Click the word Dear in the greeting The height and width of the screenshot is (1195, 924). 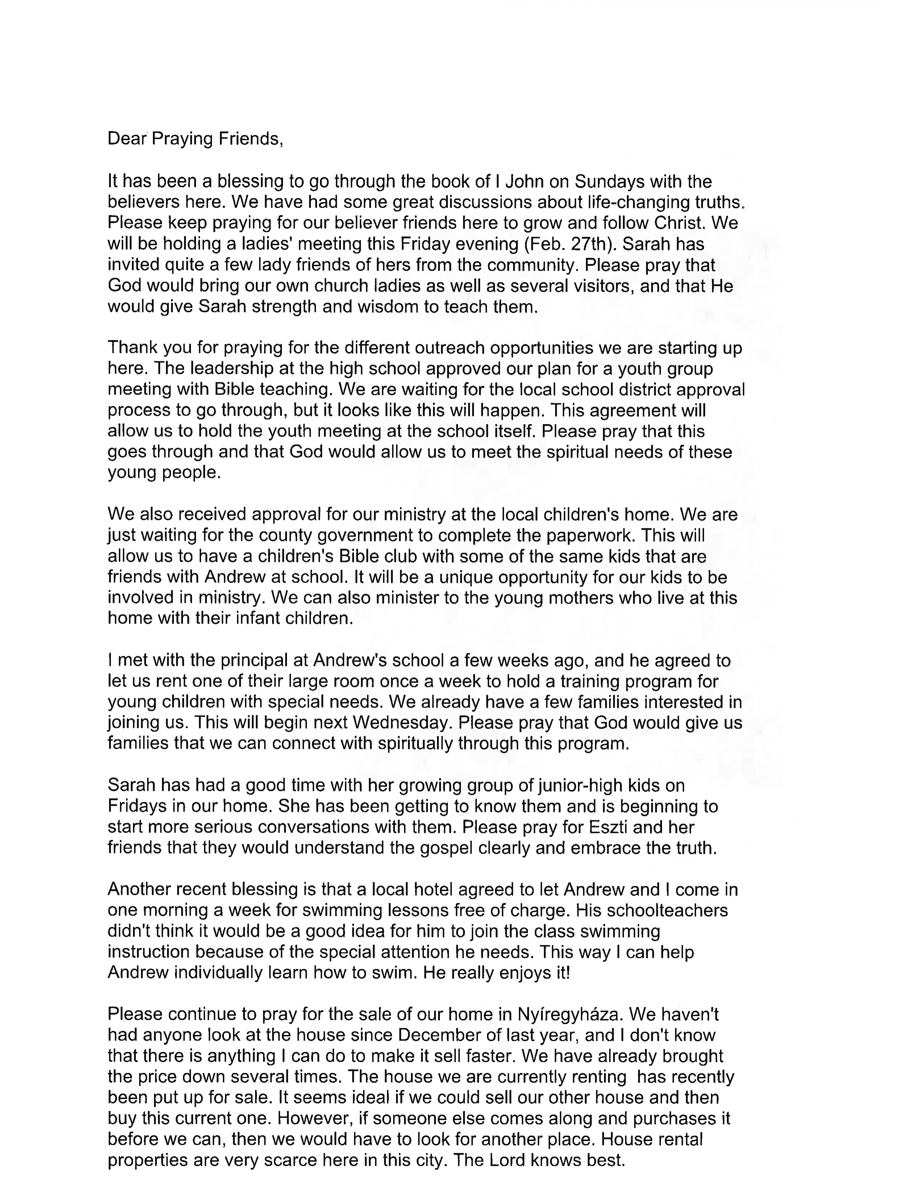tap(127, 139)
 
